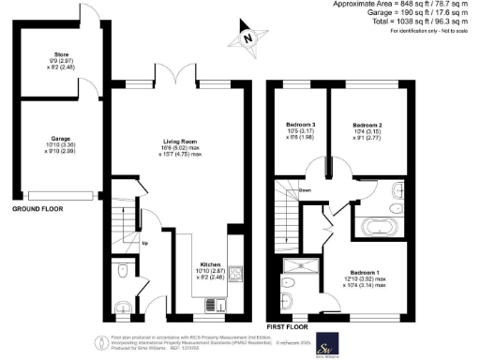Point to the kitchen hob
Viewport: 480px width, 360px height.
point(237,275)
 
